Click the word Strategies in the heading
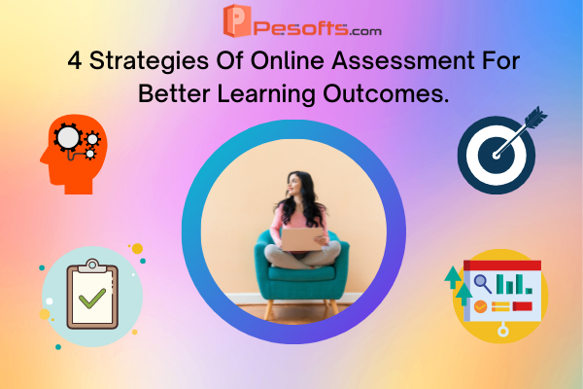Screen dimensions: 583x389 tap(149, 61)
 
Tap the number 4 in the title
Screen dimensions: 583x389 tap(75, 60)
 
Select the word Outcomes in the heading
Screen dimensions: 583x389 tap(386, 93)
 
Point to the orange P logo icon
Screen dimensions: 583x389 tap(237, 20)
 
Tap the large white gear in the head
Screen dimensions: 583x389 tap(68, 137)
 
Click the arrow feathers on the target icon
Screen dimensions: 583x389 tap(535, 118)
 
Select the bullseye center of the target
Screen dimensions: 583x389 tap(497, 156)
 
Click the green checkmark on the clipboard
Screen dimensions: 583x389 tap(92, 298)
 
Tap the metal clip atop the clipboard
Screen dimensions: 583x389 tap(92, 265)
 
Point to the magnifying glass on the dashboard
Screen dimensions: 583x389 tap(483, 283)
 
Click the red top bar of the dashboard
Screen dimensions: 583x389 tap(502, 265)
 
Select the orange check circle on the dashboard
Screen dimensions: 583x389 tap(480, 306)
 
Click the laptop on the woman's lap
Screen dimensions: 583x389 tap(301, 239)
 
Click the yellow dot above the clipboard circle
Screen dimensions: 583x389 tap(138, 248)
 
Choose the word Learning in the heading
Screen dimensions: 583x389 tap(266, 94)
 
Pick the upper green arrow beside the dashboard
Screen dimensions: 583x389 tap(453, 277)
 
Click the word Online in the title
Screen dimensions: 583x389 tap(288, 60)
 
